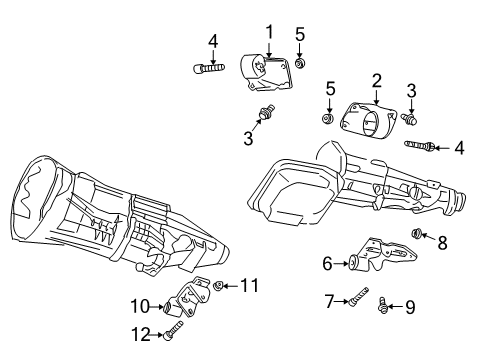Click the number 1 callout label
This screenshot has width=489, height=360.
pos(268,31)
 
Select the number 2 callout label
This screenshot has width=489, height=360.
pos(377,79)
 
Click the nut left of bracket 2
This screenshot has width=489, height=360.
pos(327,120)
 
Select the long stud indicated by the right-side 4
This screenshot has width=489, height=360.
pos(418,147)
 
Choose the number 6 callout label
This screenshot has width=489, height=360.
pos(327,264)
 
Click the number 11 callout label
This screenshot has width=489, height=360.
pos(249,286)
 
